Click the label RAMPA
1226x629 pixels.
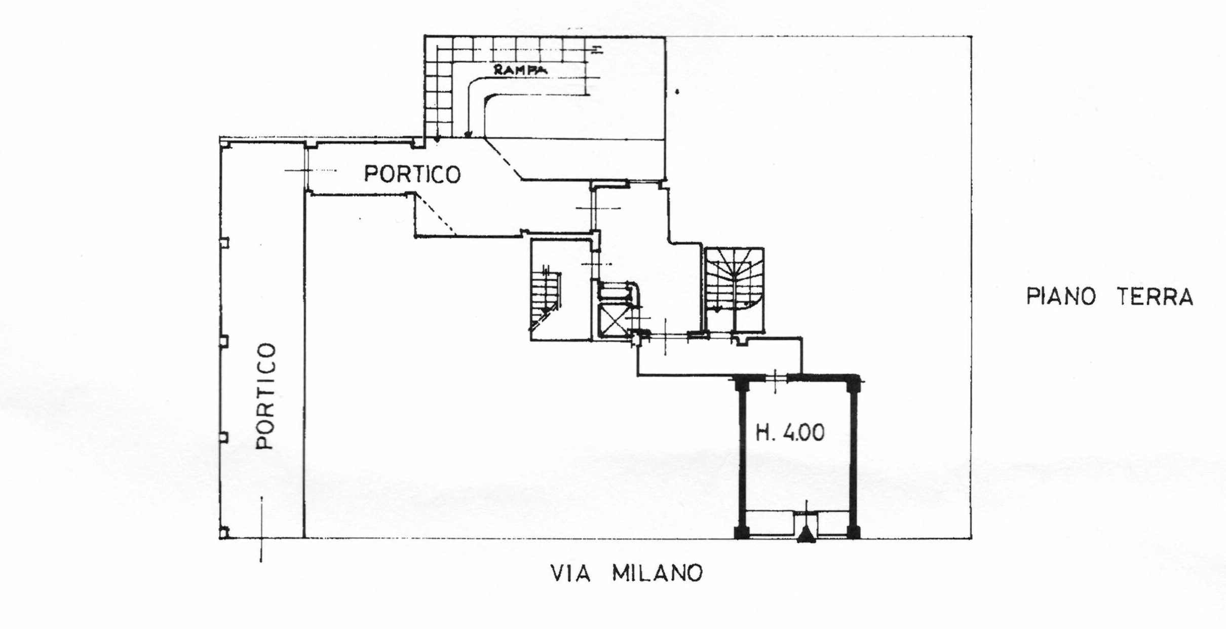coord(521,71)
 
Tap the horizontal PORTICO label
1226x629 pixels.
coord(412,174)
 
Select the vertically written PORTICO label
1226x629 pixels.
coord(266,396)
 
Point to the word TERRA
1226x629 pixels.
coord(1156,297)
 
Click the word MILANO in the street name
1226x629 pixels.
coord(658,573)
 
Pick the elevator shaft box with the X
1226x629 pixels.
coord(614,320)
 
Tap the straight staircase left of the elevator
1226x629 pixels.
coord(545,297)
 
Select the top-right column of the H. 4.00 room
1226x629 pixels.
coord(854,385)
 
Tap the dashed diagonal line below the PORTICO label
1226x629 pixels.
coord(436,214)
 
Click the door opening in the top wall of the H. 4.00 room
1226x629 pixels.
coord(776,378)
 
